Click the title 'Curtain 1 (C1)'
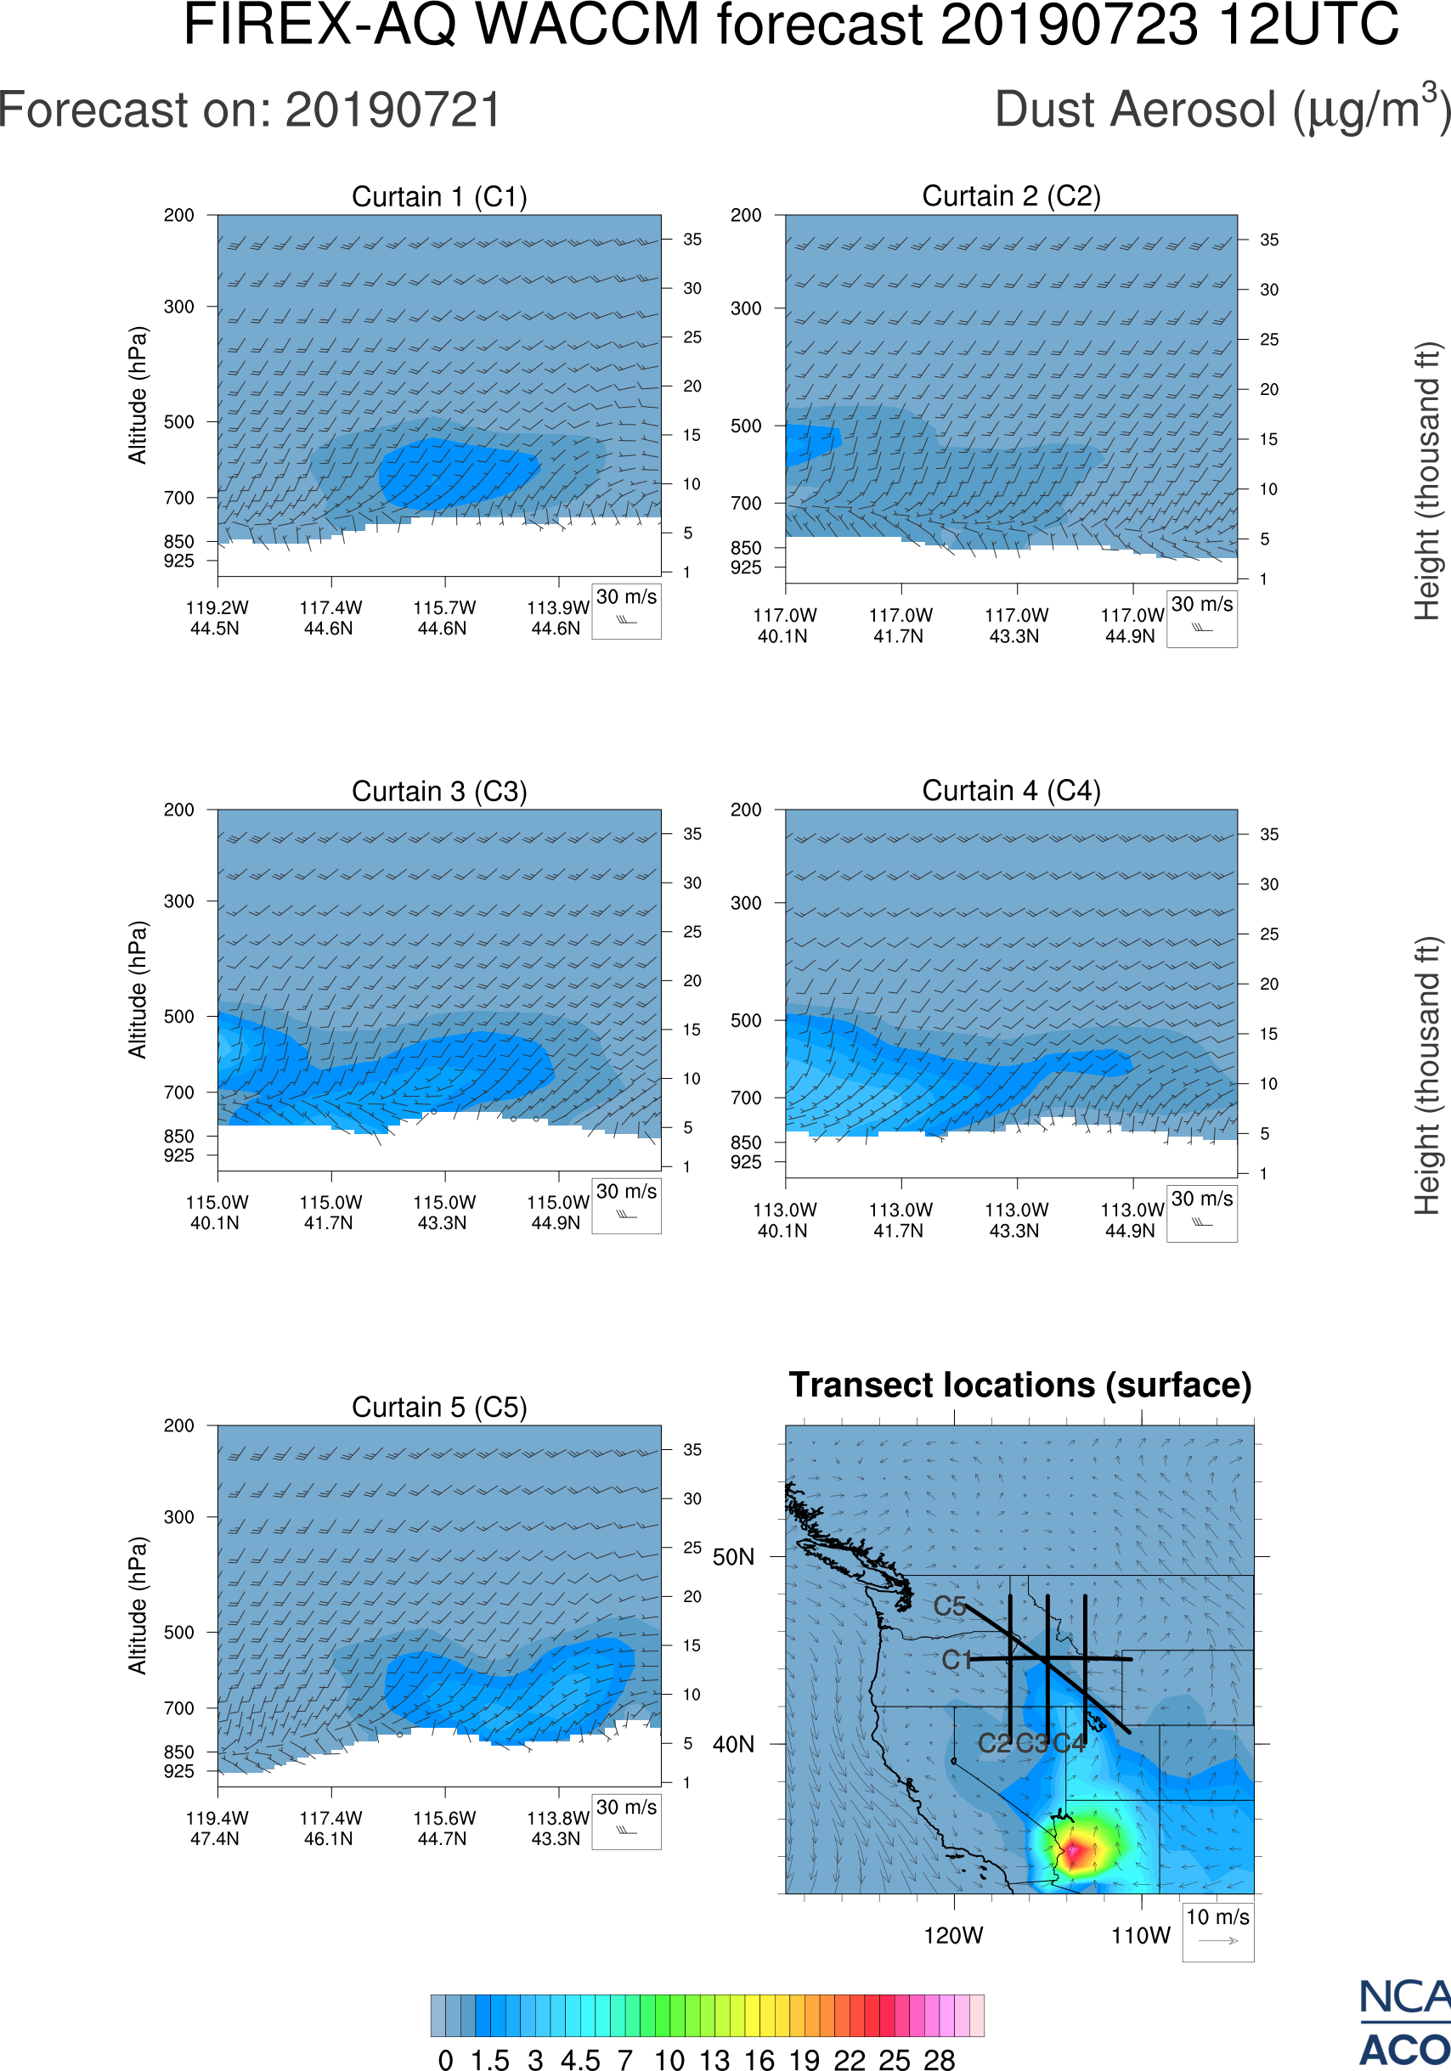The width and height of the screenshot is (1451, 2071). [x=439, y=196]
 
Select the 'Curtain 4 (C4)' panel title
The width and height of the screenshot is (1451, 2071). [x=1011, y=791]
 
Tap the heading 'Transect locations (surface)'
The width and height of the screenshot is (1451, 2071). [x=1020, y=1385]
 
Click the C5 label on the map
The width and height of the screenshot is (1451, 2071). [x=950, y=1606]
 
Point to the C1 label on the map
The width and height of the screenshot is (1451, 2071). [x=956, y=1661]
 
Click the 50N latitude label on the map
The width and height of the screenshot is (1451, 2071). [x=733, y=1558]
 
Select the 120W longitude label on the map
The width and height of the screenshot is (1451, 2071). [x=953, y=1936]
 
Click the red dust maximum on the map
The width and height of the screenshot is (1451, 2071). [x=1073, y=1853]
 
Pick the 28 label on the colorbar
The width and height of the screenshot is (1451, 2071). [x=939, y=2059]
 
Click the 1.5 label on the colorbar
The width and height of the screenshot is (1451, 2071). [x=489, y=2059]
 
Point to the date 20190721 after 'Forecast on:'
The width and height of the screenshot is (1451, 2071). [x=393, y=111]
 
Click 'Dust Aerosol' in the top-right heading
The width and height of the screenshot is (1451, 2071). [x=1135, y=111]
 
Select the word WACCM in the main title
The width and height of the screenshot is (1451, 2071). [x=587, y=25]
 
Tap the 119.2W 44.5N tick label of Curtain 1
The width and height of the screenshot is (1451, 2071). [x=217, y=618]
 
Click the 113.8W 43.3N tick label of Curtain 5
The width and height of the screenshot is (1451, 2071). [x=556, y=1828]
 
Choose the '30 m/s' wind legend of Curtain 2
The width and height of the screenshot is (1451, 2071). [x=1201, y=618]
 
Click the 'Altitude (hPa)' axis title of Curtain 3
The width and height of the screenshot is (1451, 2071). [x=137, y=990]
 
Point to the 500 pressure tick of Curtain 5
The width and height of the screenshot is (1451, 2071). [x=178, y=1632]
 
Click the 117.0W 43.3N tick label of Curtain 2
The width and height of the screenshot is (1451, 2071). [x=1015, y=625]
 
